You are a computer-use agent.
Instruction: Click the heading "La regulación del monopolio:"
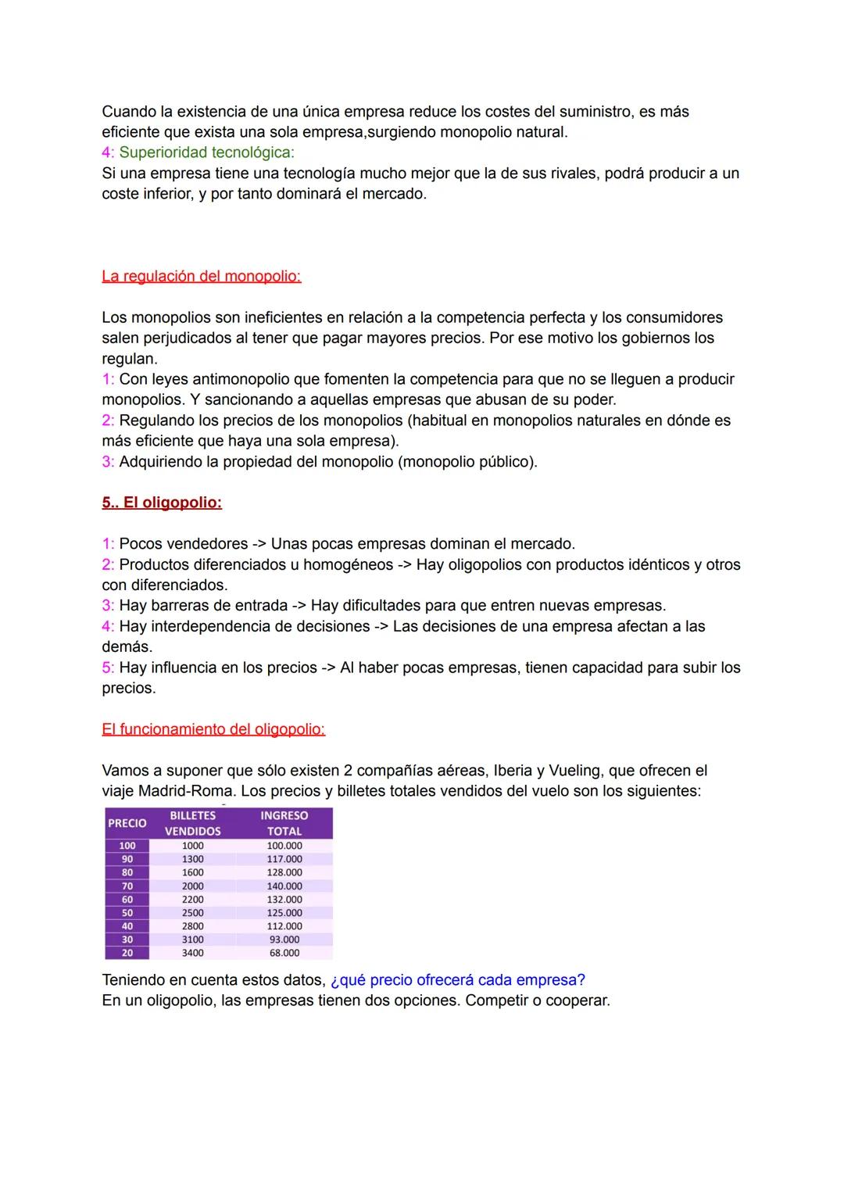coord(201,276)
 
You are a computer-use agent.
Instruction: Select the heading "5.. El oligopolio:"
coord(162,503)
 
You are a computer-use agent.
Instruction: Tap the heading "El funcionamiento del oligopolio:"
coord(213,729)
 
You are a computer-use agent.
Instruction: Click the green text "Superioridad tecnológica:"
coord(206,152)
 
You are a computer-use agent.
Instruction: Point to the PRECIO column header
coord(127,823)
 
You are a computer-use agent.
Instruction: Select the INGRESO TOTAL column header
coord(284,823)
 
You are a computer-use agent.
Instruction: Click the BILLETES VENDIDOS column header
coord(192,823)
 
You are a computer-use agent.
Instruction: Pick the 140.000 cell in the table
coord(284,886)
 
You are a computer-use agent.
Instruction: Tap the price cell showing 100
coord(127,846)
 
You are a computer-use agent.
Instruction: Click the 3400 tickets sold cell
coord(192,953)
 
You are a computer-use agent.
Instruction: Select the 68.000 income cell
coord(284,953)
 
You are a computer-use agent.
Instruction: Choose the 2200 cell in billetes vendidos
coord(192,900)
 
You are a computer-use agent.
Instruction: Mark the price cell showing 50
coord(127,913)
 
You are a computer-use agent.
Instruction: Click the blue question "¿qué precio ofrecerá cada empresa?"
coord(458,980)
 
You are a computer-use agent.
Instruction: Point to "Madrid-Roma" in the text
coord(187,791)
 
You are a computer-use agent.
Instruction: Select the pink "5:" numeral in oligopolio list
coord(108,668)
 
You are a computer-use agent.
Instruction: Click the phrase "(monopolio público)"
coord(467,462)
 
